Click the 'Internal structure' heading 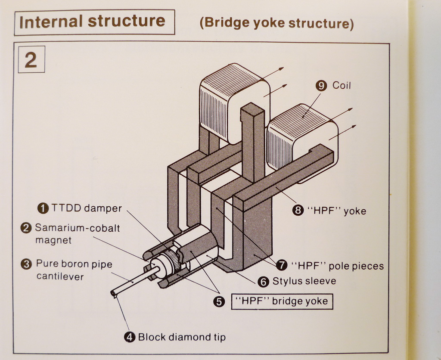[92, 22]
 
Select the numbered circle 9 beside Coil [321, 86]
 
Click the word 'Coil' [342, 86]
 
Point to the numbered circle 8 [298, 211]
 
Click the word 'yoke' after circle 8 [354, 211]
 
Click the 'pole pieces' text [356, 266]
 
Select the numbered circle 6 [263, 282]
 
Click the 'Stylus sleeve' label [304, 282]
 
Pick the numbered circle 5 [219, 302]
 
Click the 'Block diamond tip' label [181, 337]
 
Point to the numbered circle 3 [27, 264]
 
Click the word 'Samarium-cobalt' [77, 228]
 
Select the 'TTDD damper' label [87, 208]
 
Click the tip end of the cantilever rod [113, 294]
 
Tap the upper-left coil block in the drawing [233, 101]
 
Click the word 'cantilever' [60, 276]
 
